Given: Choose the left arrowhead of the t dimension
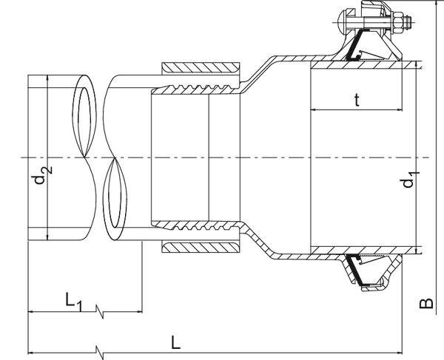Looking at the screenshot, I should coord(312,110).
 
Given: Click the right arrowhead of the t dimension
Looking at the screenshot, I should coord(400,110).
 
